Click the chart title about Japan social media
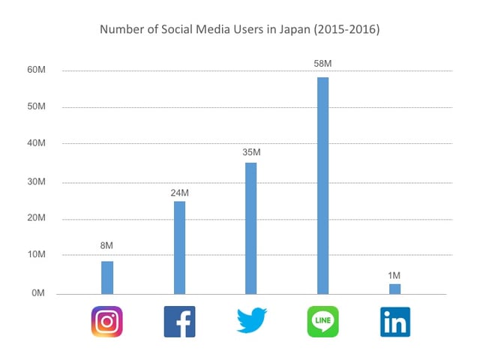(x=239, y=31)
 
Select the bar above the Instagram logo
(x=107, y=277)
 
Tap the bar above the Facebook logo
(x=179, y=247)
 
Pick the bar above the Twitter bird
(x=251, y=228)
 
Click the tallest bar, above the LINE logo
(x=322, y=185)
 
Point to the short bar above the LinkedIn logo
(x=394, y=289)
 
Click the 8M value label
(x=107, y=245)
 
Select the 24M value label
(x=179, y=193)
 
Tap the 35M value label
(x=251, y=153)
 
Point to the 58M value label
(x=322, y=63)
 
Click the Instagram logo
(x=106, y=321)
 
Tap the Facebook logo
(x=179, y=321)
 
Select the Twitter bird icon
(x=251, y=321)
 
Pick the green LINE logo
(x=322, y=321)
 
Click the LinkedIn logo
(x=394, y=321)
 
